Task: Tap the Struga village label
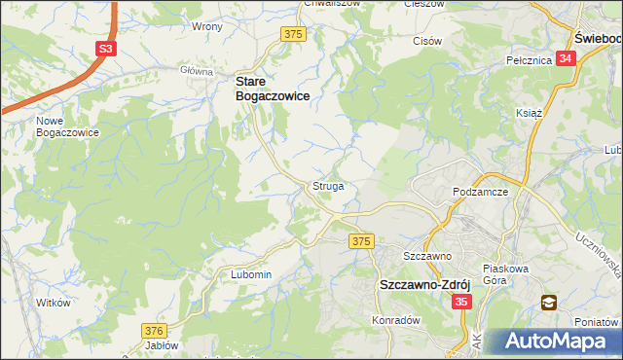[x=327, y=185]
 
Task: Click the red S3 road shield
[x=106, y=48]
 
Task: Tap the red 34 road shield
[x=568, y=59]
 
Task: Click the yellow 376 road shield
[x=154, y=331]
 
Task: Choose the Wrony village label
[x=207, y=27]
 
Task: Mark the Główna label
[x=197, y=71]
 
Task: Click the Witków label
[x=54, y=303]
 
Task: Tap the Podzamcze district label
[x=482, y=192]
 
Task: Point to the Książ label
[x=529, y=113]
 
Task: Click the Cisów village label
[x=428, y=41]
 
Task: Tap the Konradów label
[x=395, y=319]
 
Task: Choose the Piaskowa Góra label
[x=505, y=273]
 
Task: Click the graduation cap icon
[x=549, y=303]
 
